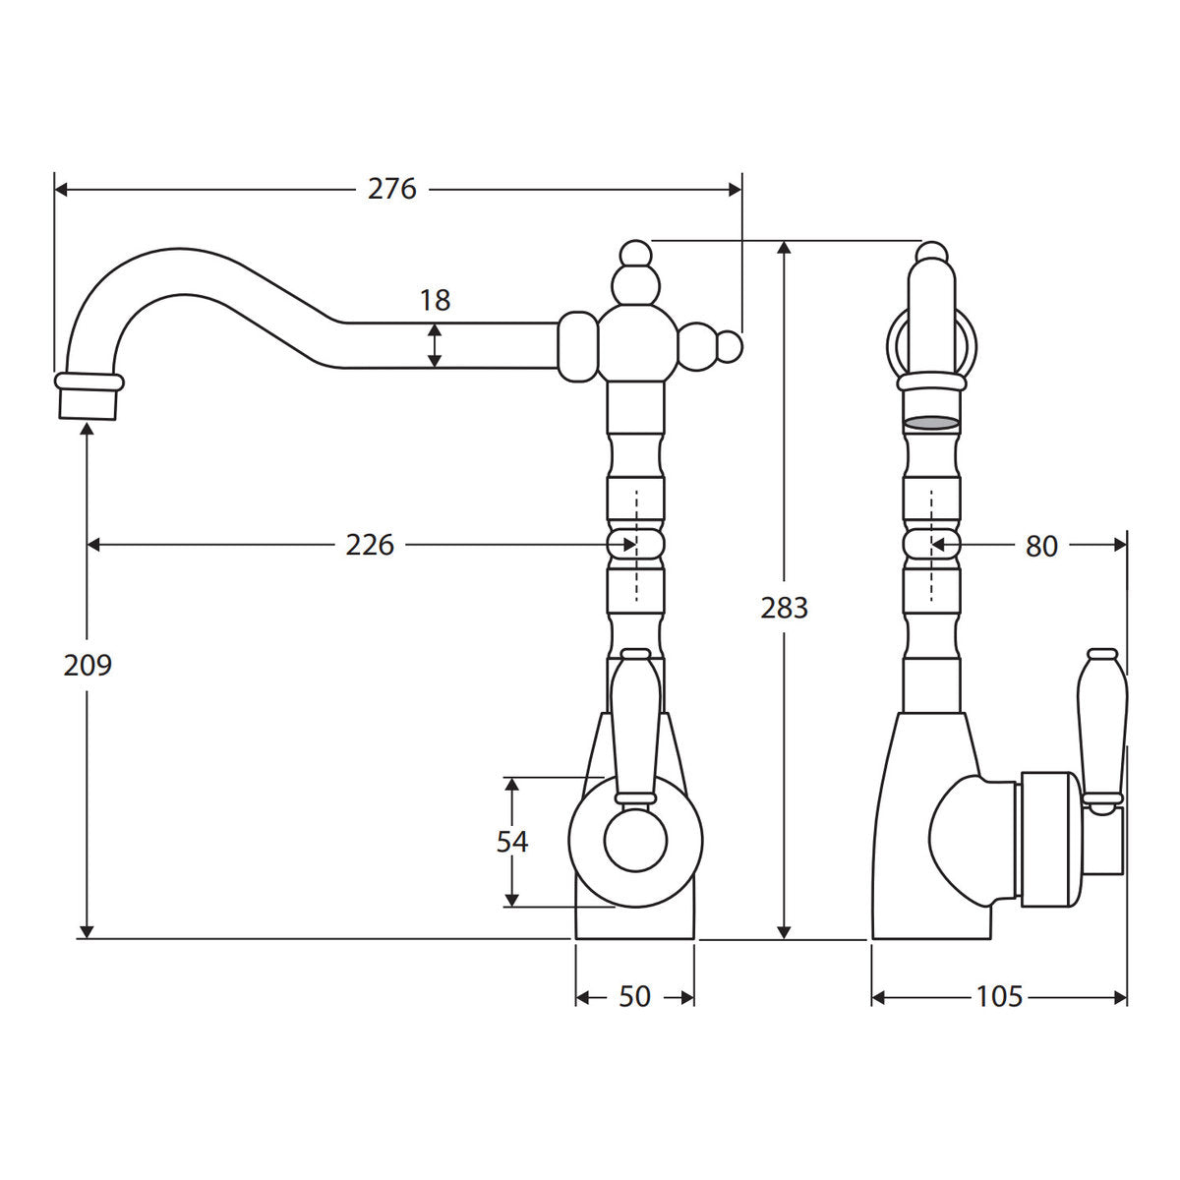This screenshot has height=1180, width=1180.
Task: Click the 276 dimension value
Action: (x=392, y=189)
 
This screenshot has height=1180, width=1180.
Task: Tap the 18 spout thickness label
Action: (x=435, y=300)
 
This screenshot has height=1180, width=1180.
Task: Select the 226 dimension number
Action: (x=370, y=545)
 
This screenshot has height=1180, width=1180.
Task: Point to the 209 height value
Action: (x=88, y=665)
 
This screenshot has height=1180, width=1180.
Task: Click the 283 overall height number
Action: (x=785, y=608)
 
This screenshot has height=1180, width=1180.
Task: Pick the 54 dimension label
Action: (x=512, y=842)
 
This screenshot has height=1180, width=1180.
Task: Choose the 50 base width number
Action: (x=634, y=1014)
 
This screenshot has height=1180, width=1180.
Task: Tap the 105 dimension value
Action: (x=999, y=1014)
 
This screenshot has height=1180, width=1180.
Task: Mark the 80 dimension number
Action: (x=1041, y=546)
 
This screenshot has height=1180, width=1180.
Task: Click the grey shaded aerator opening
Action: (x=931, y=422)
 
